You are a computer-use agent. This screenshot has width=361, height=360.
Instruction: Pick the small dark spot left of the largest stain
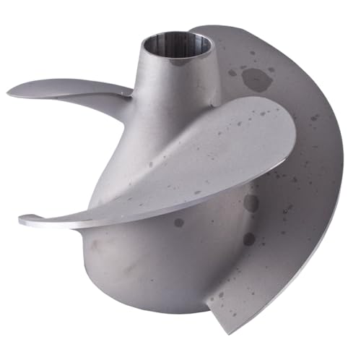coord(232,72)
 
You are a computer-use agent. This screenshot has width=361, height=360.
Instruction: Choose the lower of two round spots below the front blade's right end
coord(249,238)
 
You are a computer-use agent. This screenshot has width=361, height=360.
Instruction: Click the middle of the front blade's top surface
coord(188,163)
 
